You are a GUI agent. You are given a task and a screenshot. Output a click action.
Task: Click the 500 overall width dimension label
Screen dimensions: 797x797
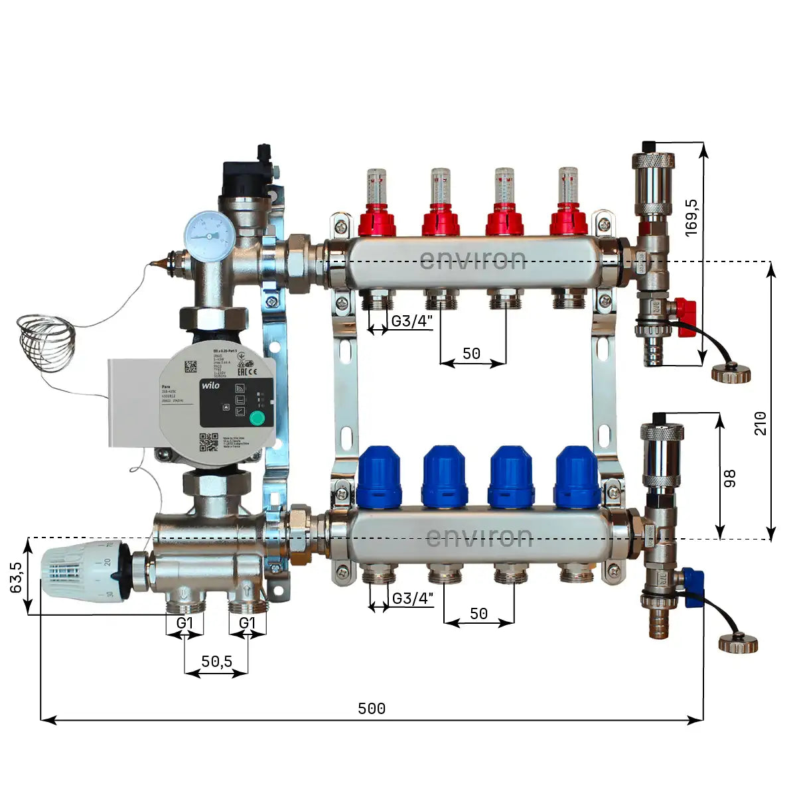(x=372, y=709)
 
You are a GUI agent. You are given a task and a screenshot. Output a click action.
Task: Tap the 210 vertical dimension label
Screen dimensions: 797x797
(x=761, y=423)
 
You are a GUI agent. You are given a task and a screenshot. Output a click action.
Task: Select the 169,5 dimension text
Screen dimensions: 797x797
(x=691, y=216)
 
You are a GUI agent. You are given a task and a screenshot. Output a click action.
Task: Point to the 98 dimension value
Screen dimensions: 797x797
(x=731, y=478)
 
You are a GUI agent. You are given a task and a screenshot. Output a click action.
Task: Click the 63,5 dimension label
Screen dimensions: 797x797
(x=17, y=577)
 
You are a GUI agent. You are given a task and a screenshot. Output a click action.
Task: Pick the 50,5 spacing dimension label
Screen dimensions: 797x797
(x=216, y=662)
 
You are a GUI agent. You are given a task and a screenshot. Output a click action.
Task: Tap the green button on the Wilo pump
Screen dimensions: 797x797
(x=255, y=417)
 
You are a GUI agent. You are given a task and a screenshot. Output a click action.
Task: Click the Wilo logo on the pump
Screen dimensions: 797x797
(x=210, y=386)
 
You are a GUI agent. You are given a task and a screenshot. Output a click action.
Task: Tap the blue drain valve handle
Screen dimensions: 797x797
(x=692, y=579)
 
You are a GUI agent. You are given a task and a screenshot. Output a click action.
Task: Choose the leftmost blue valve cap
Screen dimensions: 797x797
(x=379, y=476)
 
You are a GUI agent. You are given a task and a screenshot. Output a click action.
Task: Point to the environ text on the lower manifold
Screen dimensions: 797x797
(x=478, y=537)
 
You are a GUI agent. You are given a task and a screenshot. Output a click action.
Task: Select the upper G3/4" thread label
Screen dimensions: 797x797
(x=411, y=321)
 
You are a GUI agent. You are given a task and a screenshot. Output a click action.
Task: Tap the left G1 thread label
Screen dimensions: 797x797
(x=184, y=623)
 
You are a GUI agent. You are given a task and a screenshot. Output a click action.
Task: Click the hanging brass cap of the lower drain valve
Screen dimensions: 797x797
(x=738, y=643)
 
